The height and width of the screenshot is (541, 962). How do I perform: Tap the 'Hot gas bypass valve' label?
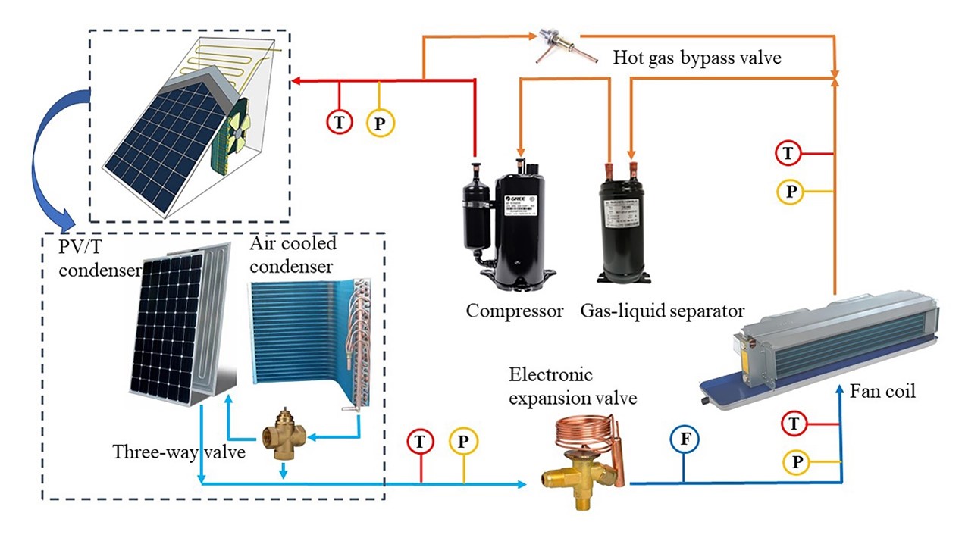click(x=697, y=58)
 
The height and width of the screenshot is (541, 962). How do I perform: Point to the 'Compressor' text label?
click(x=515, y=311)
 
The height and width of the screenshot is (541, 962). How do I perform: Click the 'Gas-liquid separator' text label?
click(x=662, y=311)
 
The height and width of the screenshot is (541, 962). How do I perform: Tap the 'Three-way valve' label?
click(x=179, y=452)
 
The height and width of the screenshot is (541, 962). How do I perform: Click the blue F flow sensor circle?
click(x=684, y=440)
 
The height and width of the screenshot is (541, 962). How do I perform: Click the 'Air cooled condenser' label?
click(x=293, y=255)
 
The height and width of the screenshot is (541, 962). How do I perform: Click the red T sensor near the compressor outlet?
click(x=339, y=120)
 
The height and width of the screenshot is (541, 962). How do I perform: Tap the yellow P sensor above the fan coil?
click(x=790, y=192)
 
